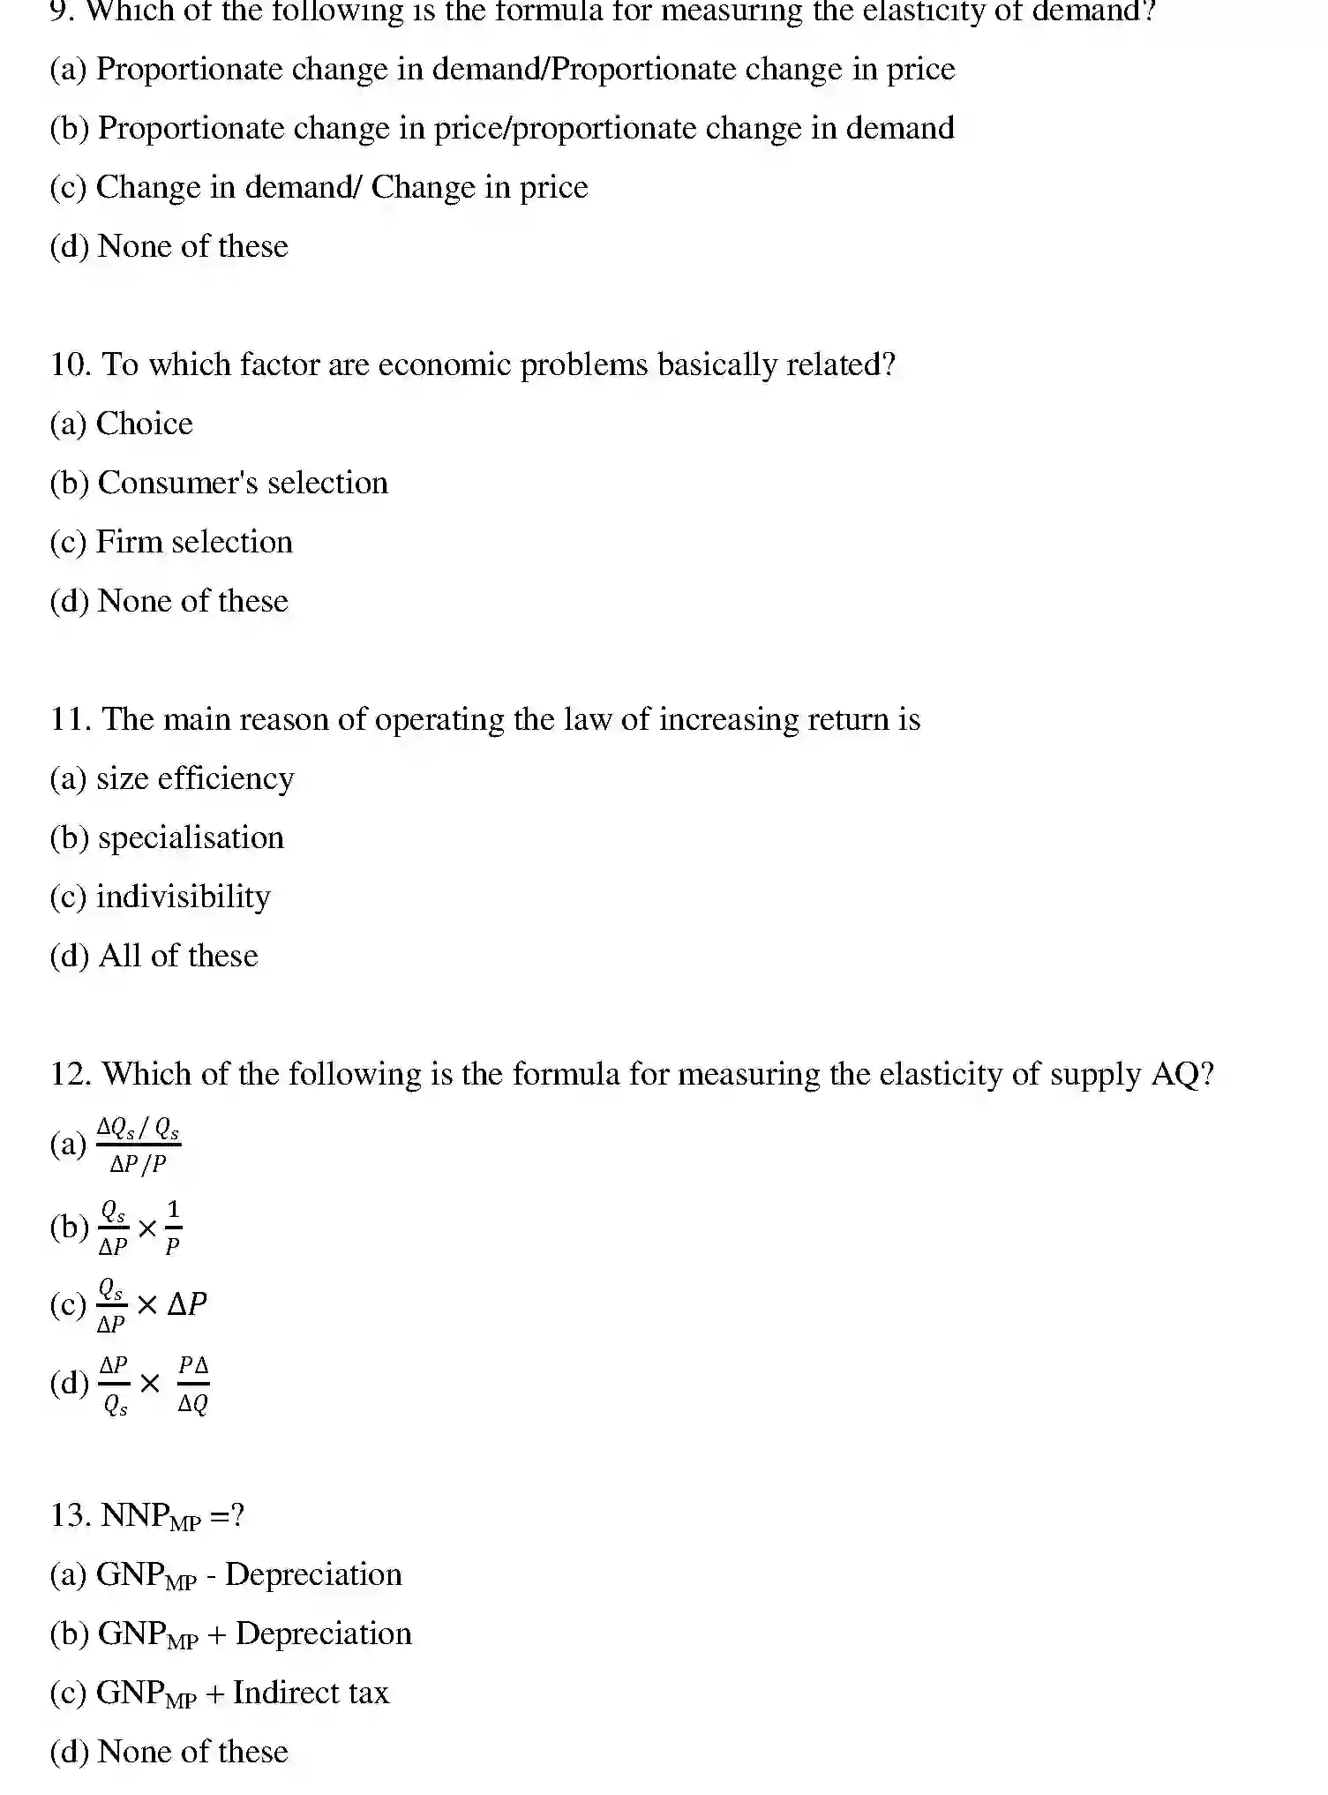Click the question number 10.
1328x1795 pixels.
(71, 364)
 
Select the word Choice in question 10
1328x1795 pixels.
(144, 424)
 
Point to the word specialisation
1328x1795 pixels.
(191, 837)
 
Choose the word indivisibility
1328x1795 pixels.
(183, 897)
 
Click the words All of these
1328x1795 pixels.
(178, 956)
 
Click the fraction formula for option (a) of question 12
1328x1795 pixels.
(138, 1145)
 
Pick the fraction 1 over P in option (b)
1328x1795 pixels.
(173, 1227)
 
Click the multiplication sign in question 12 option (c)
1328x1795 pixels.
(147, 1304)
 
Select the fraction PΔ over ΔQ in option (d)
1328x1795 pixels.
(193, 1384)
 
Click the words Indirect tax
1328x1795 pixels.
(311, 1693)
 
